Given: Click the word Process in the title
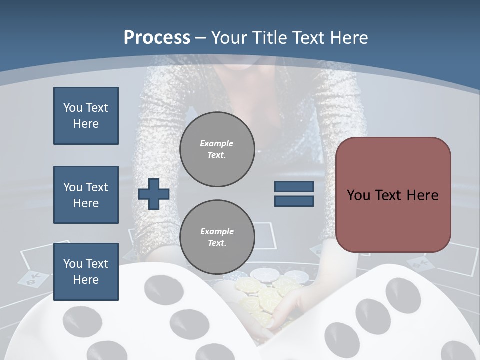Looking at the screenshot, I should [157, 37].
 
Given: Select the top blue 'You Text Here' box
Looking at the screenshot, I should [86, 116].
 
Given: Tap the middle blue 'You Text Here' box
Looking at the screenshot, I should [86, 195].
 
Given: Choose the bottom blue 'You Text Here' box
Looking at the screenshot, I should [86, 272].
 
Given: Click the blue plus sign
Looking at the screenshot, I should [153, 194].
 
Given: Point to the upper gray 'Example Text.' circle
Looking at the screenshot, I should [217, 149].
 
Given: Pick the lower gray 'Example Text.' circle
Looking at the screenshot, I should [217, 237].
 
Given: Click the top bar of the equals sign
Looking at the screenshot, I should [294, 186].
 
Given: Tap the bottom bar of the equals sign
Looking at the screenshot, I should [294, 201].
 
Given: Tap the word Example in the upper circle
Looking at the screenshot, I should [217, 143].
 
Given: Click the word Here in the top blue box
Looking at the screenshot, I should [86, 124].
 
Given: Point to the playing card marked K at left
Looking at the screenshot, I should [33, 279].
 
